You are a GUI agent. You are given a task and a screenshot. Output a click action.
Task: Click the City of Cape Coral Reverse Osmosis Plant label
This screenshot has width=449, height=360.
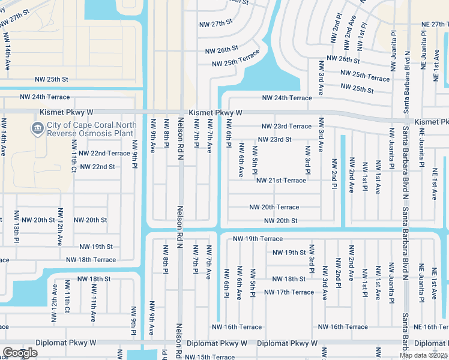pos(91,129)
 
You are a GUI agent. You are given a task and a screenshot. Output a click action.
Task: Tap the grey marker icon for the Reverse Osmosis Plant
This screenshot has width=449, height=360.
pos(37,129)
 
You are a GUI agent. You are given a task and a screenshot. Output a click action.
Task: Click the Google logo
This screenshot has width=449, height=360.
pos(20,353)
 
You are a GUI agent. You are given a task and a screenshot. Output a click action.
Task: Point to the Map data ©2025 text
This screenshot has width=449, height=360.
pos(423,355)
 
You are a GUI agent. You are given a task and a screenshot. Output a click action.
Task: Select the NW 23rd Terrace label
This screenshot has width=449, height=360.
pos(286,127)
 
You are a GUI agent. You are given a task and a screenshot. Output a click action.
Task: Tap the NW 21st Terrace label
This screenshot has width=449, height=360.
pos(281,181)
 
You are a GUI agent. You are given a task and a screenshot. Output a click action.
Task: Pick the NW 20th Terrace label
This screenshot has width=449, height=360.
pos(274,208)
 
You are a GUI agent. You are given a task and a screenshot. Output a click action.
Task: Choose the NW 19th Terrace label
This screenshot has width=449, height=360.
pos(258,239)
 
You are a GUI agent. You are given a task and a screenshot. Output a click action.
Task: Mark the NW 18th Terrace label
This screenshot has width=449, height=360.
pos(91,260)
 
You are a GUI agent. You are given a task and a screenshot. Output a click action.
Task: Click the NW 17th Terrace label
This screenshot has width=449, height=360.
pos(289,293)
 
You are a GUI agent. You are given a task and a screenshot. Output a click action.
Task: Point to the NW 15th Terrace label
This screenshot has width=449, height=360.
pos(210,357)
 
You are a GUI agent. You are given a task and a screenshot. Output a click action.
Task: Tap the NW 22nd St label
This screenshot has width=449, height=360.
pos(97,167)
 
